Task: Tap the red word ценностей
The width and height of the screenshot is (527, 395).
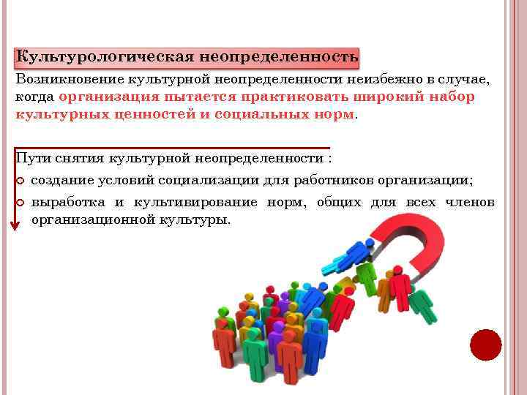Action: click(157, 115)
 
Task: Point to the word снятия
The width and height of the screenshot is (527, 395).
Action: click(80, 159)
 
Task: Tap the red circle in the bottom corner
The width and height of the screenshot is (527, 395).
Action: click(485, 345)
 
